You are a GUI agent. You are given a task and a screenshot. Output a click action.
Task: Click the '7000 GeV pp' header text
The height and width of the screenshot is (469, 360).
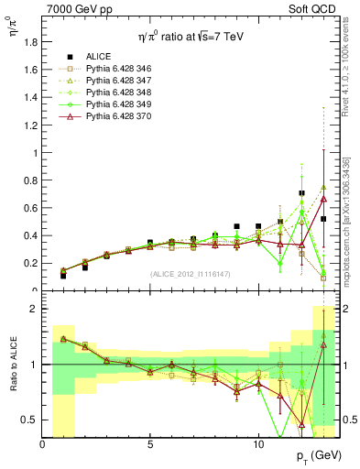(x=73, y=9)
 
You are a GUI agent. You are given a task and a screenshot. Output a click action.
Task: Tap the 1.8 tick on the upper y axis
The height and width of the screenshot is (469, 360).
(x=30, y=41)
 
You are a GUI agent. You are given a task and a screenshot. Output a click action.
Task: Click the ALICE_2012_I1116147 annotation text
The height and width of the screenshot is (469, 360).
(x=189, y=274)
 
